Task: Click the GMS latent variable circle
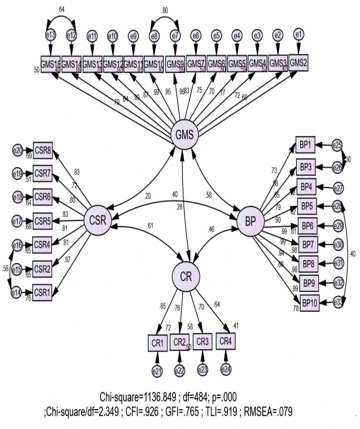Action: (x=184, y=135)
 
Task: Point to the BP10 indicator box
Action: (x=308, y=302)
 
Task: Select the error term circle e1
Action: (x=299, y=35)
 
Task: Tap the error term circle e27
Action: (x=338, y=188)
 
